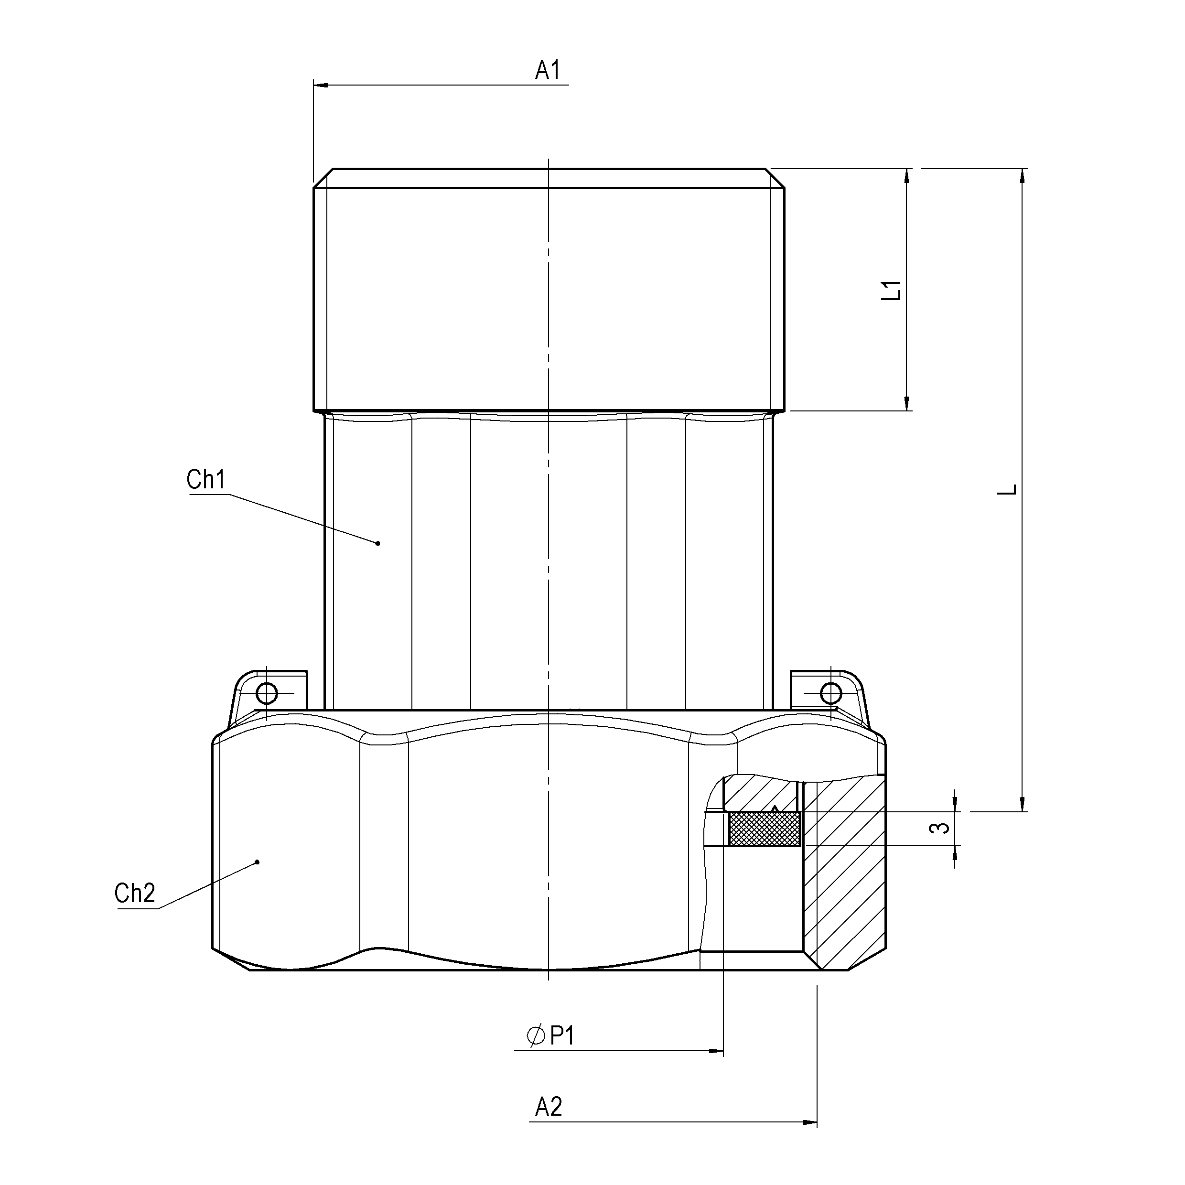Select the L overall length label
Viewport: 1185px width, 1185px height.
pyautogui.click(x=1006, y=489)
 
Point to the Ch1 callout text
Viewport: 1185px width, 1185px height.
pyautogui.click(x=206, y=480)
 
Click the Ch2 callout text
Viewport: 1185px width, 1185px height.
pyautogui.click(x=135, y=893)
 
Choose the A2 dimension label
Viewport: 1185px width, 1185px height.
pyautogui.click(x=549, y=1107)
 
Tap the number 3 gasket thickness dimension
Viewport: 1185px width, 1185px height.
pyautogui.click(x=940, y=828)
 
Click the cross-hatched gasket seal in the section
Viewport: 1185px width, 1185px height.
pyautogui.click(x=764, y=829)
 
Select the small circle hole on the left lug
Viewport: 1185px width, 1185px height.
pyautogui.click(x=267, y=694)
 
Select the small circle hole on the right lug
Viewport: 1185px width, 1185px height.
pyautogui.click(x=830, y=694)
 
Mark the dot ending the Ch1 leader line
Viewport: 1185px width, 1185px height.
pyautogui.click(x=378, y=543)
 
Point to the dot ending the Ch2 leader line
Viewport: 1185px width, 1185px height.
pyautogui.click(x=257, y=862)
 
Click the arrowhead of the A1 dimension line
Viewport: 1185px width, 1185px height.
pyautogui.click(x=320, y=85)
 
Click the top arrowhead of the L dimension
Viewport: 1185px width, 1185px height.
pyautogui.click(x=1022, y=176)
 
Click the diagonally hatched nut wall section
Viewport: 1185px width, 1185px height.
pyautogui.click(x=844, y=871)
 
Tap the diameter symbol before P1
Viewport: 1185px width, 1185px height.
pyautogui.click(x=536, y=1036)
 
